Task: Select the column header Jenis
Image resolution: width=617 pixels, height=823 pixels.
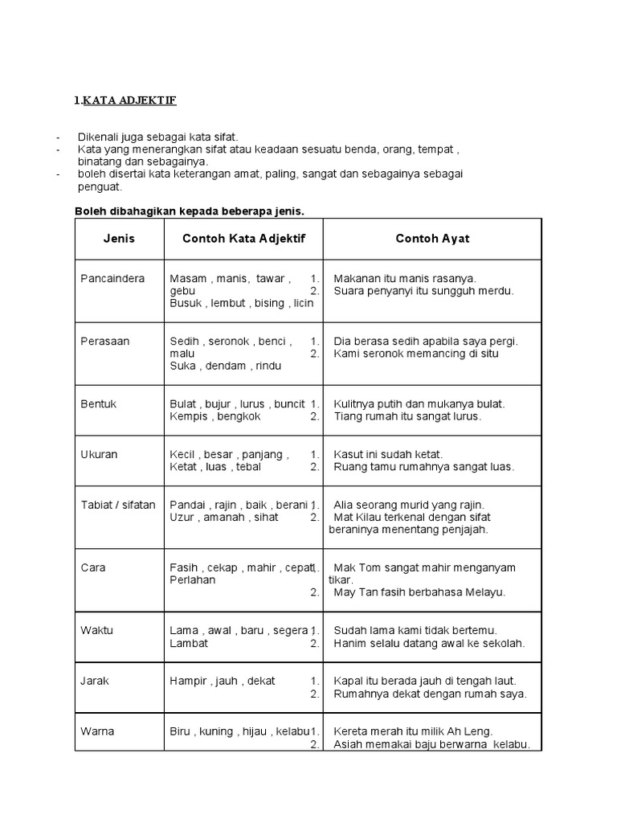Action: [x=119, y=239]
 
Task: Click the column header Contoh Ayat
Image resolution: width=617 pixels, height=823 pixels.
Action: [x=432, y=239]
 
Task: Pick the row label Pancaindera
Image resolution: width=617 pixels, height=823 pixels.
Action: [x=112, y=278]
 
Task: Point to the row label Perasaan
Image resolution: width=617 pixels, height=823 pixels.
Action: [x=105, y=341]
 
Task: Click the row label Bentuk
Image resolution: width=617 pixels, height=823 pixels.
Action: [x=99, y=403]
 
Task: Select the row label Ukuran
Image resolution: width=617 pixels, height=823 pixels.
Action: [x=99, y=454]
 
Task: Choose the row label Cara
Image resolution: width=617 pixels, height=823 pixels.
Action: [x=93, y=567]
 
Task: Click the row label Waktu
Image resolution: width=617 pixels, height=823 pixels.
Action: [x=97, y=630]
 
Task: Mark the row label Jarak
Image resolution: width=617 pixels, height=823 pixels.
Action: [x=96, y=681]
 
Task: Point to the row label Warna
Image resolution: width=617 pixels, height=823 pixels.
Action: [x=98, y=731]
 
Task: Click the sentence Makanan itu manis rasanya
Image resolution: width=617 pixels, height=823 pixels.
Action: [x=405, y=278]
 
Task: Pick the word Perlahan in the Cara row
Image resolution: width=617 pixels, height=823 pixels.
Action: [x=193, y=579]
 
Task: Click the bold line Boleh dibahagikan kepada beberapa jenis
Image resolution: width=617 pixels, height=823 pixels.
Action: [x=190, y=211]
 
